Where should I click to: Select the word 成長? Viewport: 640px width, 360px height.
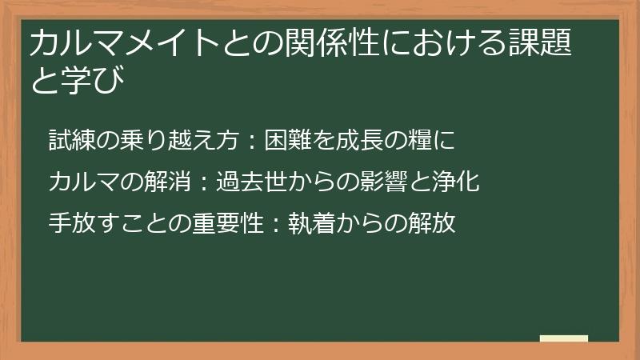(366, 140)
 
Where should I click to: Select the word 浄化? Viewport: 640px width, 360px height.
(454, 182)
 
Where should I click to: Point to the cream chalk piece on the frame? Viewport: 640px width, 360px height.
(564, 339)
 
